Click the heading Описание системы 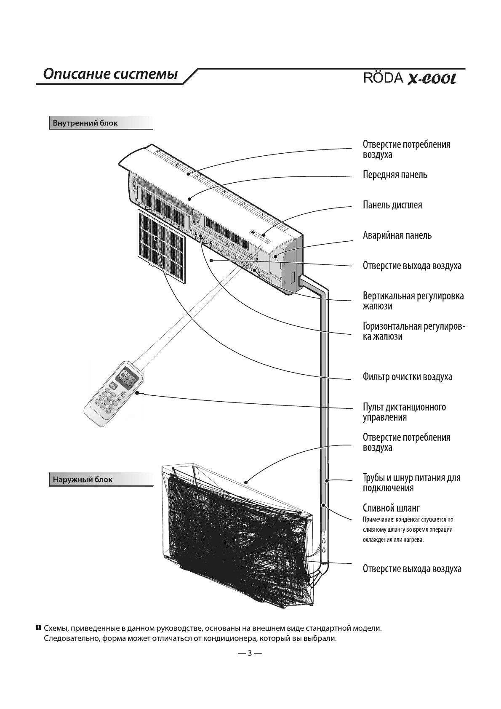point(110,75)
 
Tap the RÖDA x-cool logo point(410,78)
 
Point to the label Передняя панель point(395,175)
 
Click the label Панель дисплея point(392,205)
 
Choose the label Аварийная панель point(397,235)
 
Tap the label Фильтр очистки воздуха point(407,377)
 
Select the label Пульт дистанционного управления point(404,412)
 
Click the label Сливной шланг point(391,508)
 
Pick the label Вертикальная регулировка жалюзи point(413,301)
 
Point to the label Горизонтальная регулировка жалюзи point(414,331)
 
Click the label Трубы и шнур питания point(412,483)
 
